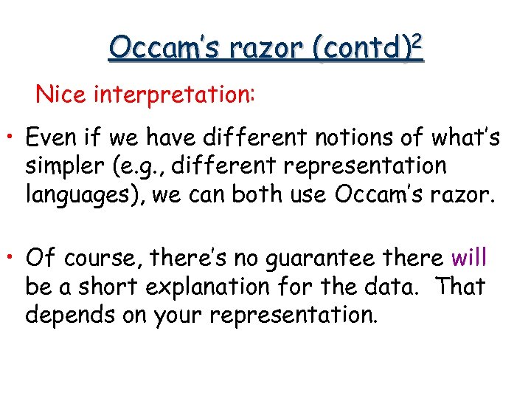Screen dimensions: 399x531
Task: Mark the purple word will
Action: [469, 258]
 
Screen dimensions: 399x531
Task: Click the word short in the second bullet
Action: [110, 287]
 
